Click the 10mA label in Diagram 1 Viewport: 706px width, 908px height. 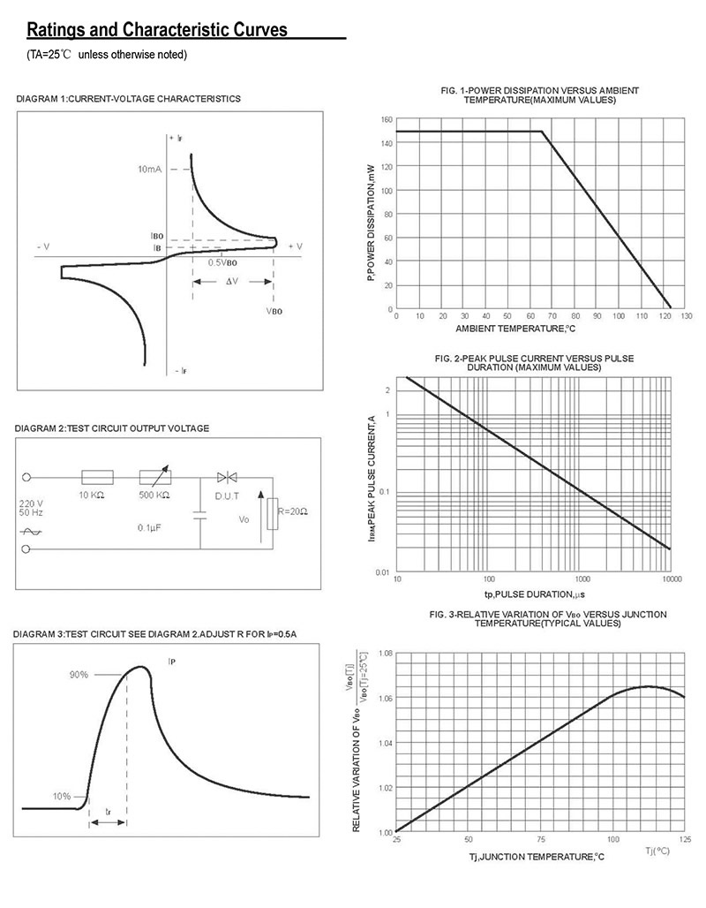click(150, 169)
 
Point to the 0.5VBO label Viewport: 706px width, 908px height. click(223, 263)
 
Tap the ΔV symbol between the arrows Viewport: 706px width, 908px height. click(232, 282)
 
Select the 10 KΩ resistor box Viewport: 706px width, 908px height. click(97, 478)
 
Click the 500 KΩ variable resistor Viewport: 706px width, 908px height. click(155, 478)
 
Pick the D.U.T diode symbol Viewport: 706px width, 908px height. click(228, 478)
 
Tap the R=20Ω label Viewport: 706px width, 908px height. click(292, 511)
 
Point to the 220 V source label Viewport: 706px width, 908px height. click(30, 503)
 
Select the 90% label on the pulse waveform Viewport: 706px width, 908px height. click(79, 675)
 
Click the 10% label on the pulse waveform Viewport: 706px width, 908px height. click(61, 796)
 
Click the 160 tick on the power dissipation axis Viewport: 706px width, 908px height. click(387, 119)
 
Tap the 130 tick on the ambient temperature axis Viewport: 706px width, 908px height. click(687, 315)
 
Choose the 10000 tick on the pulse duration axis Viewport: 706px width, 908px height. click(671, 579)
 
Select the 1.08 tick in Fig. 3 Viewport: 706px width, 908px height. click(385, 653)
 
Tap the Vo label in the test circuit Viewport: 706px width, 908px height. click(244, 520)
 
